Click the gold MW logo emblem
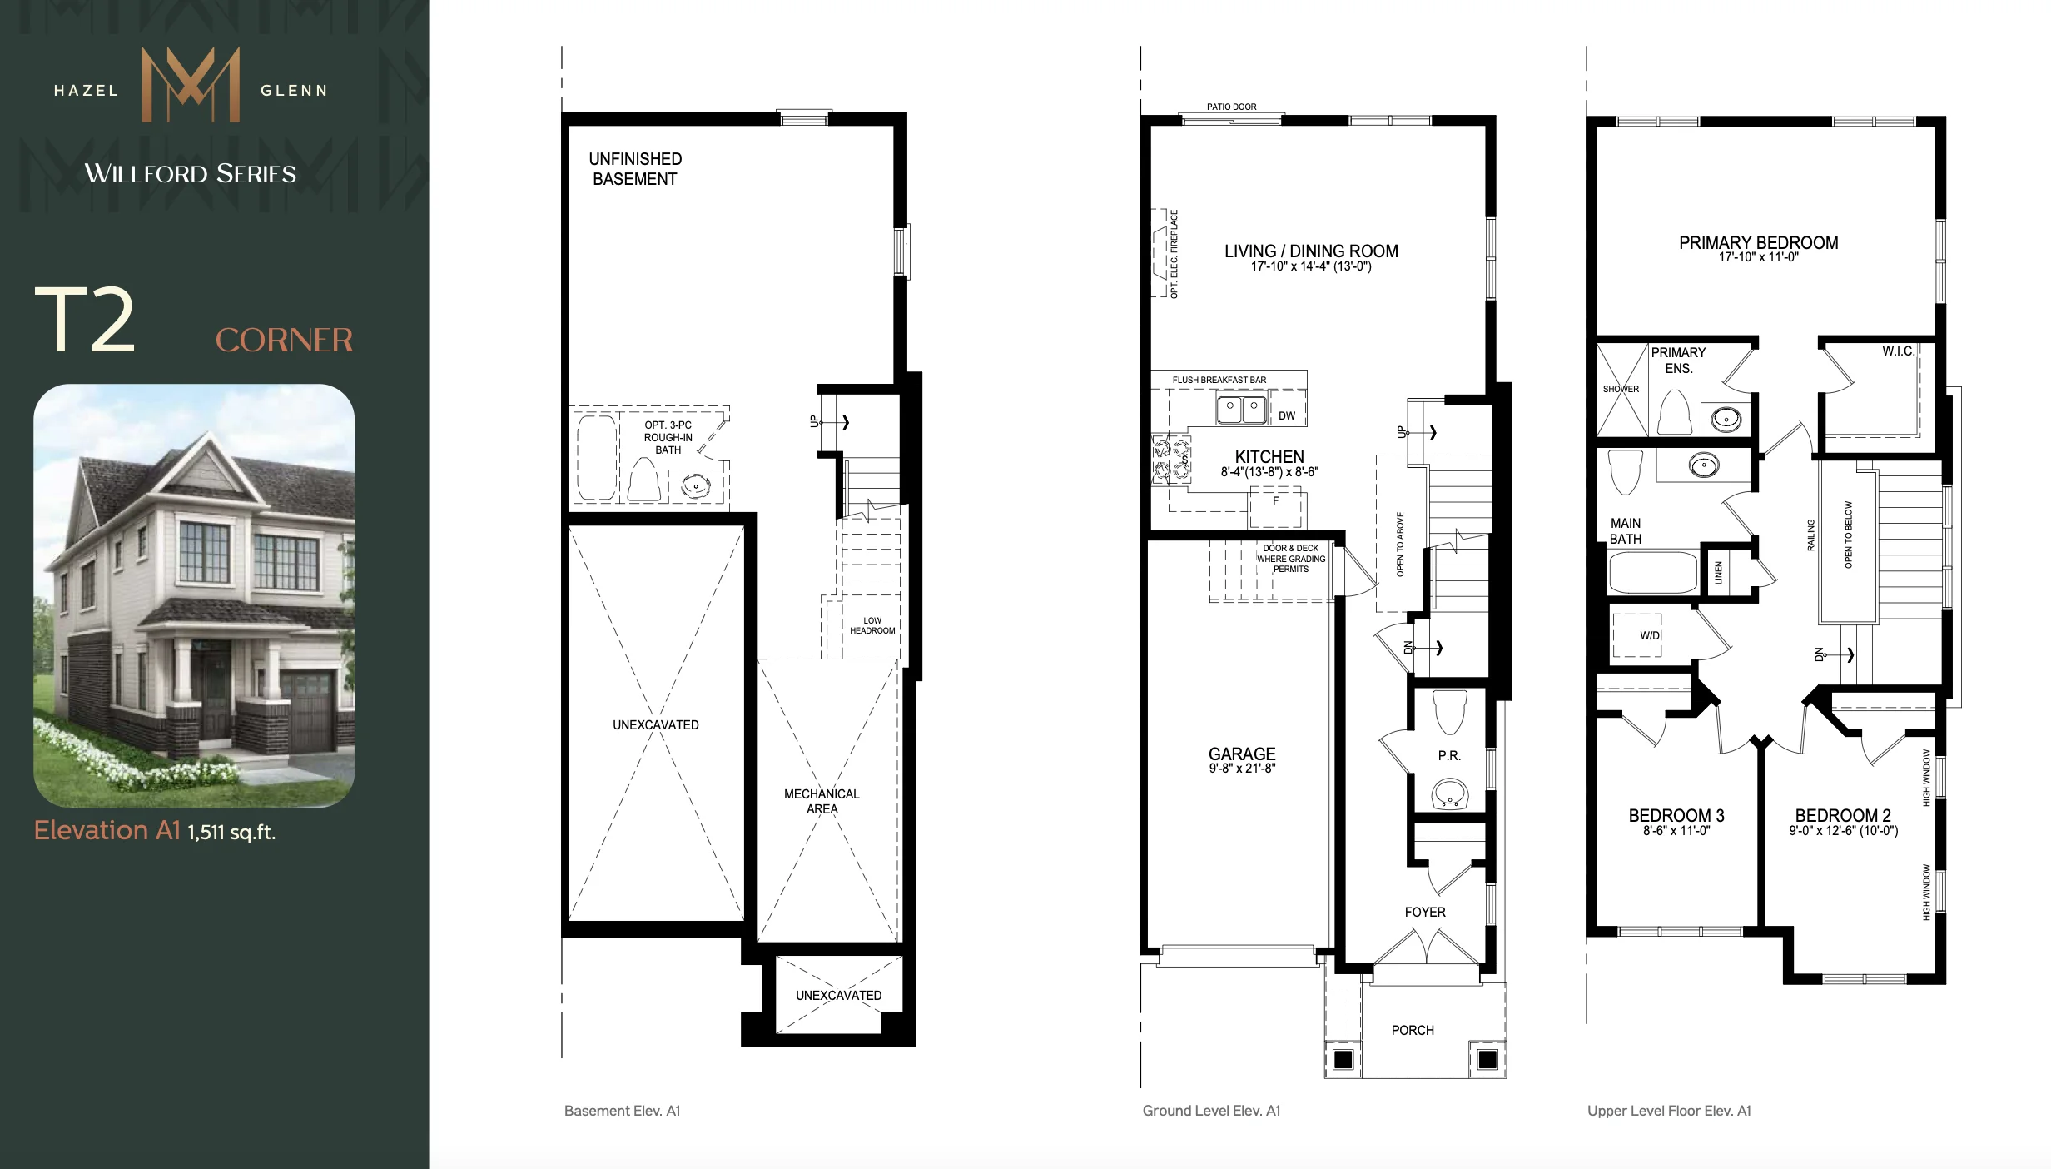tap(191, 84)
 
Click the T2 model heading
tap(84, 320)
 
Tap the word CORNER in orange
tap(285, 340)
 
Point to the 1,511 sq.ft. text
tap(231, 832)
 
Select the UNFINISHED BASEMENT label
tap(635, 169)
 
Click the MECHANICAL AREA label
tap(822, 801)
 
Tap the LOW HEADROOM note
tap(872, 625)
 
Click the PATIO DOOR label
tap(1232, 107)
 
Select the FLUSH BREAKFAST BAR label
tap(1219, 380)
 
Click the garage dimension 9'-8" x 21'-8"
tap(1242, 769)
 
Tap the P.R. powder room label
tap(1449, 756)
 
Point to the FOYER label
tap(1425, 912)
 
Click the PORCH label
tap(1413, 1030)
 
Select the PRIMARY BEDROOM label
tap(1758, 242)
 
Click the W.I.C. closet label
tap(1899, 351)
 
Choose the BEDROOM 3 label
tap(1676, 816)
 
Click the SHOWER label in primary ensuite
tap(1621, 389)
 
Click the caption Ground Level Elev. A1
tap(1211, 1111)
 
